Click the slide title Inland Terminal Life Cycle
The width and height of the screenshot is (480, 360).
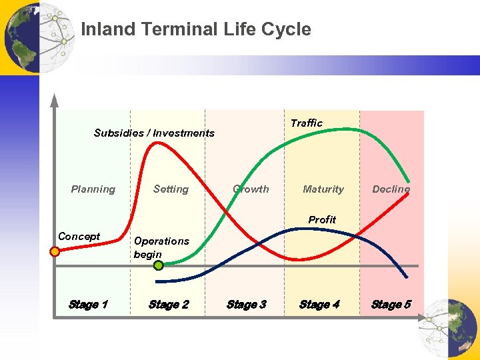pyautogui.click(x=195, y=29)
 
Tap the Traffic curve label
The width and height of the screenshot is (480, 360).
pyautogui.click(x=306, y=123)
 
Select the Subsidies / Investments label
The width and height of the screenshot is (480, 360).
pyautogui.click(x=154, y=133)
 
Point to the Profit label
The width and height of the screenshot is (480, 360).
pyautogui.click(x=322, y=219)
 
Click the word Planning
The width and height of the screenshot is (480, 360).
pyautogui.click(x=93, y=189)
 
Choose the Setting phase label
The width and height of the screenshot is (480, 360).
pyautogui.click(x=171, y=189)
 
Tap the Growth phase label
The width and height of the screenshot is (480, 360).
pyautogui.click(x=251, y=189)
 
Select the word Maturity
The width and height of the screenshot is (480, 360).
pyautogui.click(x=323, y=189)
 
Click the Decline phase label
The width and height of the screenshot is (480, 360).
pyautogui.click(x=391, y=189)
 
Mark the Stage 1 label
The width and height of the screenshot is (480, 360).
pyautogui.click(x=88, y=305)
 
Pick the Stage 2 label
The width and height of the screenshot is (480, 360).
pyautogui.click(x=169, y=305)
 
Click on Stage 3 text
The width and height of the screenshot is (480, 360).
pyautogui.click(x=247, y=305)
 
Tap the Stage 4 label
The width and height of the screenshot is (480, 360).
pyautogui.click(x=319, y=305)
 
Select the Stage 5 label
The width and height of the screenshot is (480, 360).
pyautogui.click(x=391, y=305)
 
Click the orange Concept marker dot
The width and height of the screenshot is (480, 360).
pyautogui.click(x=55, y=251)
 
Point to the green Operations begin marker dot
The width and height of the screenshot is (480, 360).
pyautogui.click(x=159, y=265)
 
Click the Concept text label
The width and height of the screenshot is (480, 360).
pyautogui.click(x=79, y=236)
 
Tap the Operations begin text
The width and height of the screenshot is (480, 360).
pyautogui.click(x=161, y=247)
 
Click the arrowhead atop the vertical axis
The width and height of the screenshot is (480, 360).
pyautogui.click(x=55, y=101)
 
